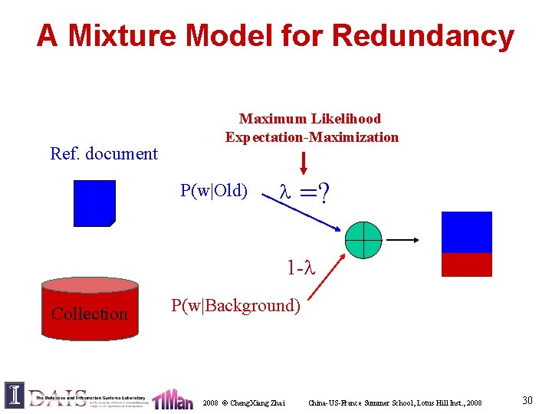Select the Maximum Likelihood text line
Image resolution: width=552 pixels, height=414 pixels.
click(310, 119)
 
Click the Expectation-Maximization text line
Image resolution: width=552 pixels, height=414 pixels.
click(311, 137)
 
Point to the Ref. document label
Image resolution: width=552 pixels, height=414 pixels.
click(103, 153)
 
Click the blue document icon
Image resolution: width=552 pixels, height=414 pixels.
click(94, 203)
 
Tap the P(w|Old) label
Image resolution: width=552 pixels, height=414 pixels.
click(214, 190)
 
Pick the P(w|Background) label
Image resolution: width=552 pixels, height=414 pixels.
click(236, 306)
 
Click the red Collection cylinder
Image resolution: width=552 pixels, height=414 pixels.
click(90, 307)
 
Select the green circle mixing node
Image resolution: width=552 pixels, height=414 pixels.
click(363, 240)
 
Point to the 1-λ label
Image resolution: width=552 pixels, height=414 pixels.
click(301, 268)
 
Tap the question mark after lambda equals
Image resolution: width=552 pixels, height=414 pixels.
click(326, 196)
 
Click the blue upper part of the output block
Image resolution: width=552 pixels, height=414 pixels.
click(467, 232)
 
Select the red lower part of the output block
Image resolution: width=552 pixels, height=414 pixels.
click(467, 264)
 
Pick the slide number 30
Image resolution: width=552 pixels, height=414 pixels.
click(527, 400)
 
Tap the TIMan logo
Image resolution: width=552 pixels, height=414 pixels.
click(172, 399)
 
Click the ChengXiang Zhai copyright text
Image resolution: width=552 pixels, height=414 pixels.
click(244, 402)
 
